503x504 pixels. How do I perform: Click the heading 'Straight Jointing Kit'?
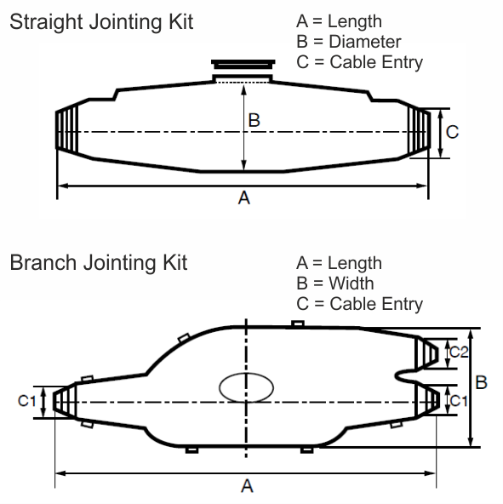click(x=100, y=21)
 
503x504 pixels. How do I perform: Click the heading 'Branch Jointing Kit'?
click(x=98, y=261)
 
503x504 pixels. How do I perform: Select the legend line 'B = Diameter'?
click(x=349, y=41)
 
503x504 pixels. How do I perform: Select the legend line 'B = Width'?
click(x=334, y=283)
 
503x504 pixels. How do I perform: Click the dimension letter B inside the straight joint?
click(x=254, y=121)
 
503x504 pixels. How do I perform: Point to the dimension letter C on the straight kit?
click(x=453, y=132)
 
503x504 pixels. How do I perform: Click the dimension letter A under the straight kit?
click(x=244, y=198)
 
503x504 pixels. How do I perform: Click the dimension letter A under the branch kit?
click(x=248, y=486)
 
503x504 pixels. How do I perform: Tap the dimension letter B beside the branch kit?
click(x=481, y=383)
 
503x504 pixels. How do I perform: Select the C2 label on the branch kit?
click(x=458, y=352)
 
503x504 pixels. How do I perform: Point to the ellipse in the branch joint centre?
click(x=247, y=386)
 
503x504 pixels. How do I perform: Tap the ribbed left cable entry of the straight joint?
click(x=68, y=132)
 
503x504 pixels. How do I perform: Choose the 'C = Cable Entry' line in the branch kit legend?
click(x=359, y=303)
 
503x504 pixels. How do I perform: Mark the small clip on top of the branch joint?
click(x=297, y=324)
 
